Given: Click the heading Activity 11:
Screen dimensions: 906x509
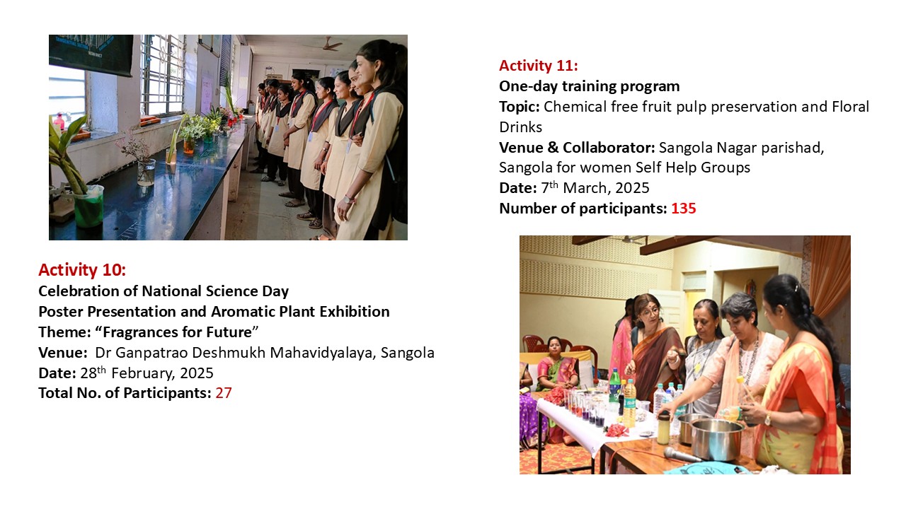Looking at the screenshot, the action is click(539, 66).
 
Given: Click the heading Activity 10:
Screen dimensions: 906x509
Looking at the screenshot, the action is click(82, 270).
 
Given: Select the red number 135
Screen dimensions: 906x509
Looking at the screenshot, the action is click(684, 209).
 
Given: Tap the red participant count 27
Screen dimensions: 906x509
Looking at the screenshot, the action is click(223, 393).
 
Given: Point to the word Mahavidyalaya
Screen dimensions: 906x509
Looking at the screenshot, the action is click(323, 353).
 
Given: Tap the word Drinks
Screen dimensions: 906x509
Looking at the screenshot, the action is click(520, 127).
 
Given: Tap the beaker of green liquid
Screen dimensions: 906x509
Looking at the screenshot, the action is click(88, 205).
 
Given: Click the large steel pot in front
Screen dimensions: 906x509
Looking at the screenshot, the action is click(717, 440).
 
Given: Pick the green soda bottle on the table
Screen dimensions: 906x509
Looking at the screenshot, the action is click(614, 387).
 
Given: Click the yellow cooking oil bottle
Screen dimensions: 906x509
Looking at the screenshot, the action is click(629, 404).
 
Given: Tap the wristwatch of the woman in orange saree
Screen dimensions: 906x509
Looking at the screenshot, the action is click(767, 419).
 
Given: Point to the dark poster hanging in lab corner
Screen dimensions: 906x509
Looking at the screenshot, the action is click(91, 54).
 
